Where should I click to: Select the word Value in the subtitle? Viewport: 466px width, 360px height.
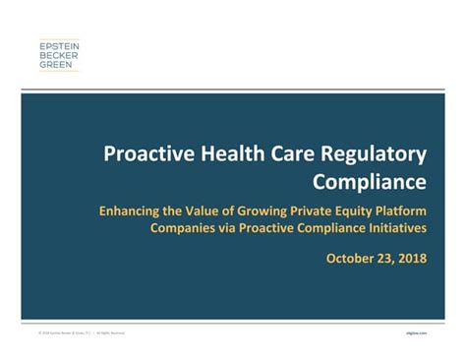click(x=197, y=210)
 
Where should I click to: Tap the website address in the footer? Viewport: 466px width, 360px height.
click(x=429, y=333)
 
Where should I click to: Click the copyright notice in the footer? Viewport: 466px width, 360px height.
click(x=83, y=333)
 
